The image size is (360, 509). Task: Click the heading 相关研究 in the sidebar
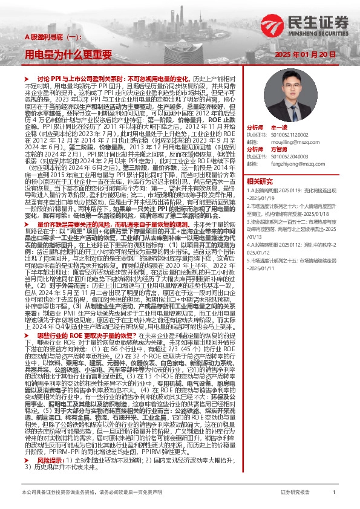260,181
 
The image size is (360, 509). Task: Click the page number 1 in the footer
333,493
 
